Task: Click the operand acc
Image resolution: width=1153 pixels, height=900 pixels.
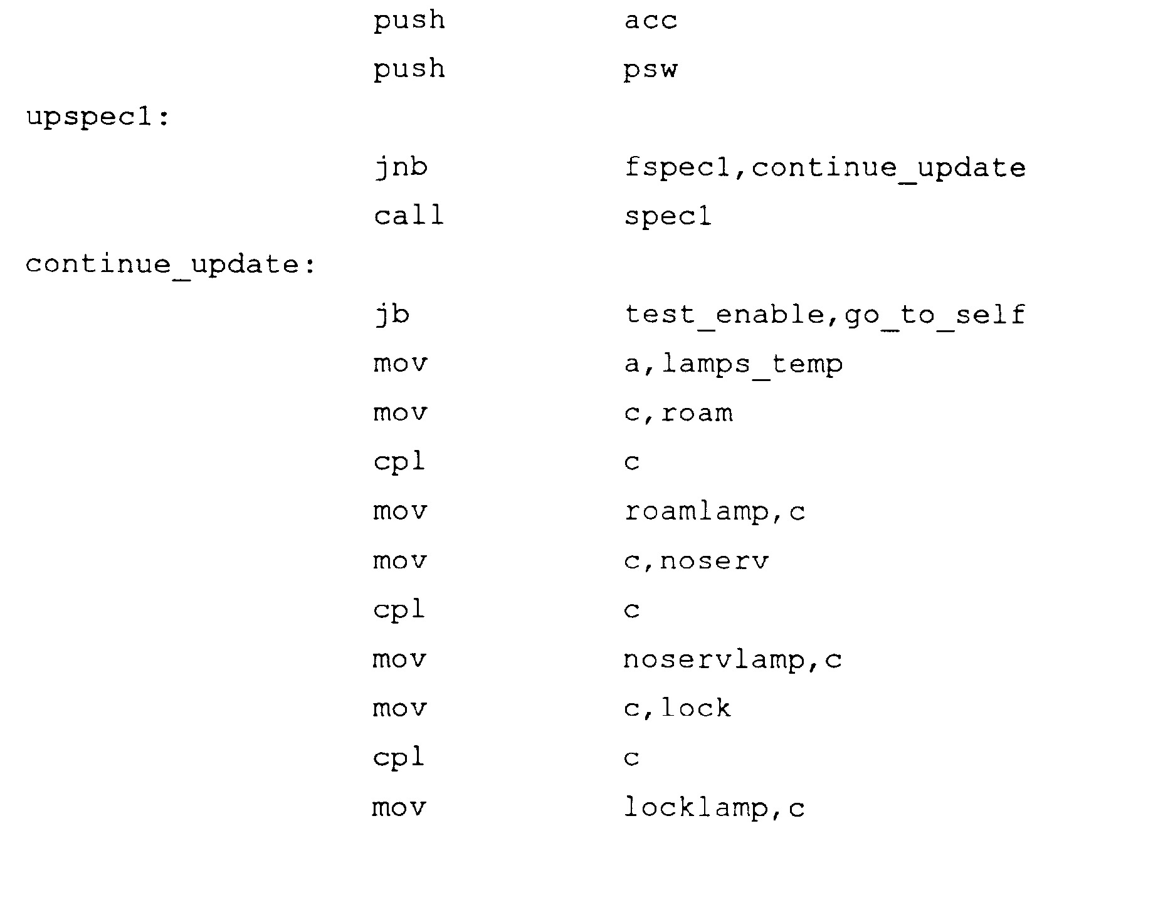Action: (651, 21)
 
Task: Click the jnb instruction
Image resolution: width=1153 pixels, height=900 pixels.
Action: (401, 168)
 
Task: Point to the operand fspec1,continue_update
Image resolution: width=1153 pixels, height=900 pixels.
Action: (825, 168)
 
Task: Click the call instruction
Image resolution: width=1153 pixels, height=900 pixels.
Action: (409, 216)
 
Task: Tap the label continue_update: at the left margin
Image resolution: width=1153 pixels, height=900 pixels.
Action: (170, 264)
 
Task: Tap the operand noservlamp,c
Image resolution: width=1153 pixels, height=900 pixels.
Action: (733, 659)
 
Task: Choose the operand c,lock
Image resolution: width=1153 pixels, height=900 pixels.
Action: (678, 708)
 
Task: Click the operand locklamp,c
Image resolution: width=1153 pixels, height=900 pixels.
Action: (714, 807)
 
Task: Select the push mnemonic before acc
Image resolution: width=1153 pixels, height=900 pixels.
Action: (409, 21)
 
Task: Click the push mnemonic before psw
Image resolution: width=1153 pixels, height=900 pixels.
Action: (409, 70)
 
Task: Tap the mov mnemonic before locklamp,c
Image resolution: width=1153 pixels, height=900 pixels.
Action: (399, 807)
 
